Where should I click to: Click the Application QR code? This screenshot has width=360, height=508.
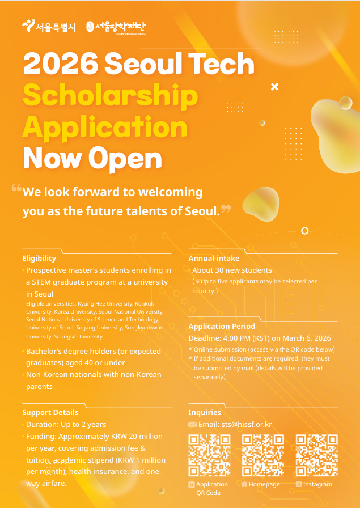click(209, 455)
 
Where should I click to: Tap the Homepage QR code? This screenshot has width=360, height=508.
click(263, 455)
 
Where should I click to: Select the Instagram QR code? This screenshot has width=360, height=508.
click(317, 455)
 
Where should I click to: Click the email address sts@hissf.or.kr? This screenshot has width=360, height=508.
click(235, 424)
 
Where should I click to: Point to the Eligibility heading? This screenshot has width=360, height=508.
click(39, 258)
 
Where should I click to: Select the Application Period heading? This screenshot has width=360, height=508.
click(222, 326)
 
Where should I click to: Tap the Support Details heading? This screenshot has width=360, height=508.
click(50, 412)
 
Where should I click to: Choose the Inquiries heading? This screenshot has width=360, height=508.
click(205, 412)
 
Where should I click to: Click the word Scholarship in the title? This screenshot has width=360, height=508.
click(111, 95)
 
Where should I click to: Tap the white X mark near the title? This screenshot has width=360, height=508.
click(275, 87)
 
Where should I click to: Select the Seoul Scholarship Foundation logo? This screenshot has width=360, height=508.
click(116, 27)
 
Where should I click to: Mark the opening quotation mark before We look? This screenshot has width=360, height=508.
click(16, 188)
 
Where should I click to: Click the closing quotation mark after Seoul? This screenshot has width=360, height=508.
click(226, 209)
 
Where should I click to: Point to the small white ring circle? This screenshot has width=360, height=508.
click(305, 231)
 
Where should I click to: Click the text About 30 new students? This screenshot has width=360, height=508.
click(232, 270)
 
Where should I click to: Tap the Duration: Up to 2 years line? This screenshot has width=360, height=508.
click(66, 424)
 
